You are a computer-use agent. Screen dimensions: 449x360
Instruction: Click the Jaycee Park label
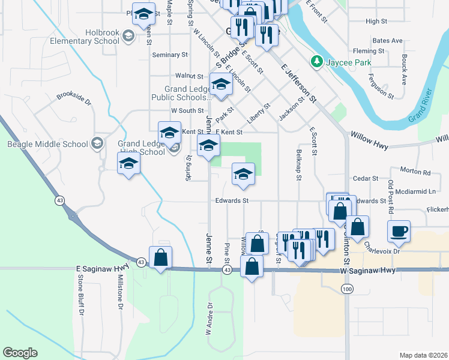[348, 62]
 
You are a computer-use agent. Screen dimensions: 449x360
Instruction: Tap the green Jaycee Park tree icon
[316, 62]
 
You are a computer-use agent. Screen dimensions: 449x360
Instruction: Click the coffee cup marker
[399, 231]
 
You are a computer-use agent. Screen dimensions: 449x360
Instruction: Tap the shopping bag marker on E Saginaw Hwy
[161, 258]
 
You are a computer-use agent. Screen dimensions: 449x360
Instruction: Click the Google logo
[20, 353]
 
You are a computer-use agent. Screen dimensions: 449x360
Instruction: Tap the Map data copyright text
[423, 355]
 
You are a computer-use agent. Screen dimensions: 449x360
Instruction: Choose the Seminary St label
[170, 55]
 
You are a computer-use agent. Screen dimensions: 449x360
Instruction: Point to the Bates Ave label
[387, 41]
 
